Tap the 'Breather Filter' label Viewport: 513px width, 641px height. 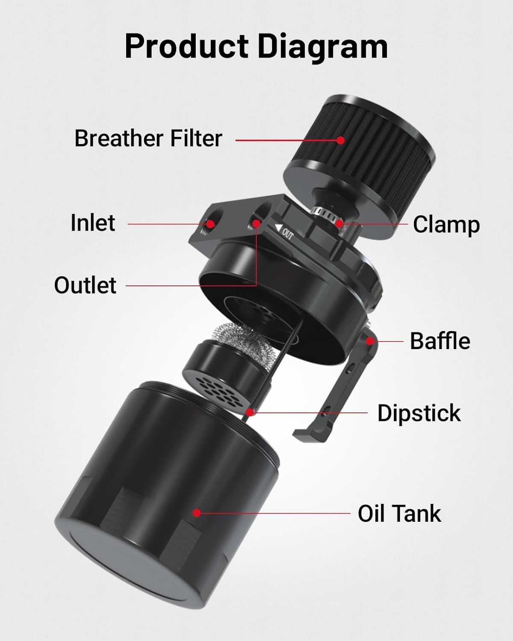pos(148,138)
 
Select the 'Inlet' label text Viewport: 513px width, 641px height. pos(93,223)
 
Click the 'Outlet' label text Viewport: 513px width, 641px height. pos(85,285)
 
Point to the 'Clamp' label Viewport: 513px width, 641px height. pos(446,225)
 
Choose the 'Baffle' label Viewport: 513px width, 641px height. pos(440,341)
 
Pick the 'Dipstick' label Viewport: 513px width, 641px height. pos(419,413)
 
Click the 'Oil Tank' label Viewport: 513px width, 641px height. pos(399,514)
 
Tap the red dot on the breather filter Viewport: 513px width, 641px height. pos(341,140)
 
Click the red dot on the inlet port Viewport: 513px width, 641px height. pos(210,223)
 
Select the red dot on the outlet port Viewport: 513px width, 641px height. pos(256,223)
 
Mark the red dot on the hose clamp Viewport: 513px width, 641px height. pos(339,223)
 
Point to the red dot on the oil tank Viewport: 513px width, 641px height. pos(196,513)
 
